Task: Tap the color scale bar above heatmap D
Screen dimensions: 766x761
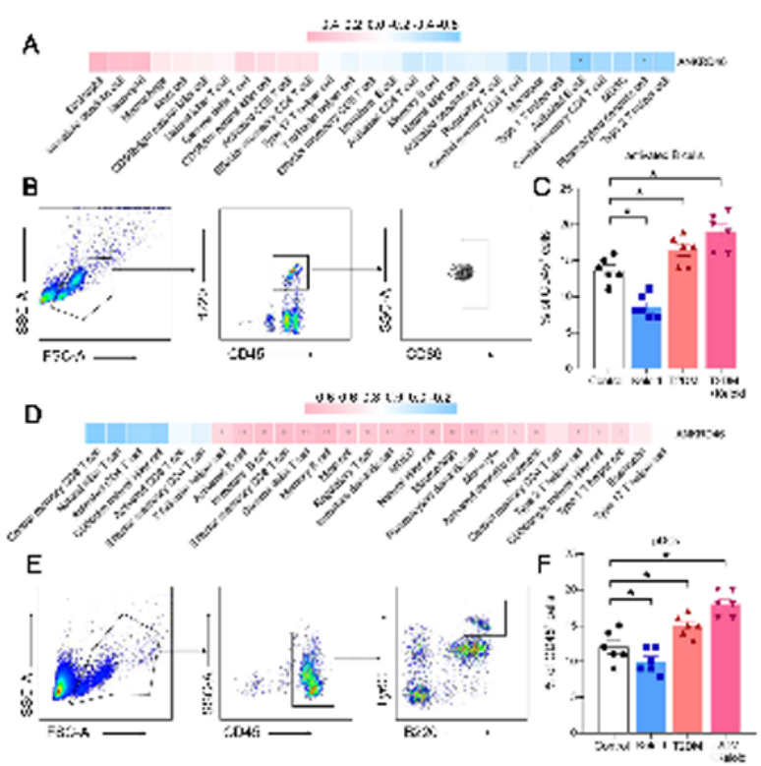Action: pos(380,406)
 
